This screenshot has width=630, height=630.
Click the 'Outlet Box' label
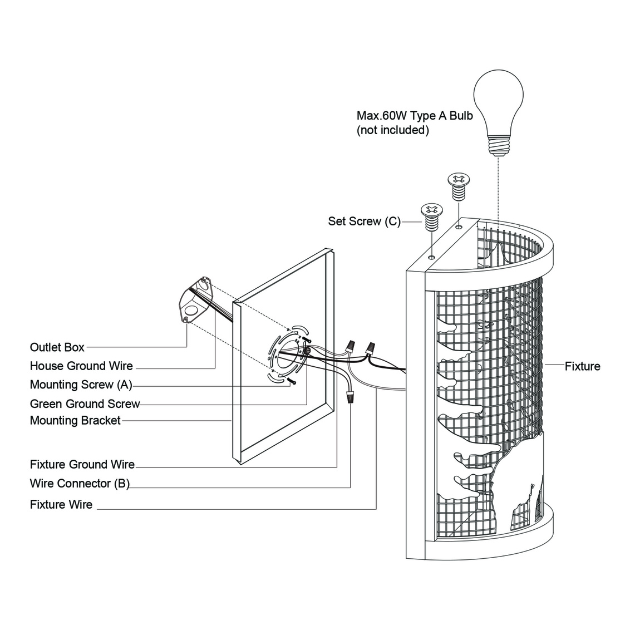click(x=57, y=347)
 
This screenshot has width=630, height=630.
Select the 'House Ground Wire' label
click(x=81, y=366)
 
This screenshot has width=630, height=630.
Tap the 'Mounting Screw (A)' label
click(x=81, y=385)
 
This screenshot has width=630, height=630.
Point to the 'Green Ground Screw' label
click(x=85, y=403)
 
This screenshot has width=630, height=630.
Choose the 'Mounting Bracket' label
click(x=75, y=420)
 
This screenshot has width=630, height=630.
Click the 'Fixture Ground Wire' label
click(x=82, y=465)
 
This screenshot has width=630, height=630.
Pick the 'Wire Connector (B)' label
click(x=80, y=483)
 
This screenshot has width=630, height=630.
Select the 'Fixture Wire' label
click(x=61, y=505)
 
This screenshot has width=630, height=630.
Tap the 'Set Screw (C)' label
click(x=365, y=222)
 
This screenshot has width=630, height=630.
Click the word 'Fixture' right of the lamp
click(x=583, y=366)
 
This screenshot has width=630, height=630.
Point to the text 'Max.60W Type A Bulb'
click(x=415, y=116)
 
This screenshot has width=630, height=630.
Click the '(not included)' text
click(x=392, y=130)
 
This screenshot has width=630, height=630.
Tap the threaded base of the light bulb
click(x=499, y=146)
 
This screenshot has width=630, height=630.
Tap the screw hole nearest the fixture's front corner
click(x=432, y=257)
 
